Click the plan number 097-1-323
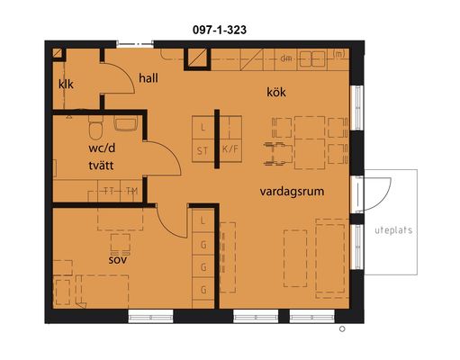tap(220, 30)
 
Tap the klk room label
tap(66, 85)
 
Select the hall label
tap(149, 78)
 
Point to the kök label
tap(276, 92)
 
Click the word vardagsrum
tap(292, 192)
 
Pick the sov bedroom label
tap(118, 260)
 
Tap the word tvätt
tap(101, 166)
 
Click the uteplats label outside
tap(393, 230)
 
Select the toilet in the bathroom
tap(95, 128)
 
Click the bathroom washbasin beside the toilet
tap(125, 123)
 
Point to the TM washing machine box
tap(131, 191)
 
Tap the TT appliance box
tap(109, 191)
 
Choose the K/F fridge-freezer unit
tap(230, 150)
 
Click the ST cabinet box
tap(203, 150)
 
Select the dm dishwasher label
tap(286, 58)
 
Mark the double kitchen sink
tap(312, 58)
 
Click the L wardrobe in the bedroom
tap(203, 220)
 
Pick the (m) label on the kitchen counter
tap(338, 54)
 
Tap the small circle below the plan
tap(342, 329)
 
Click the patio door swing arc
tap(385, 196)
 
